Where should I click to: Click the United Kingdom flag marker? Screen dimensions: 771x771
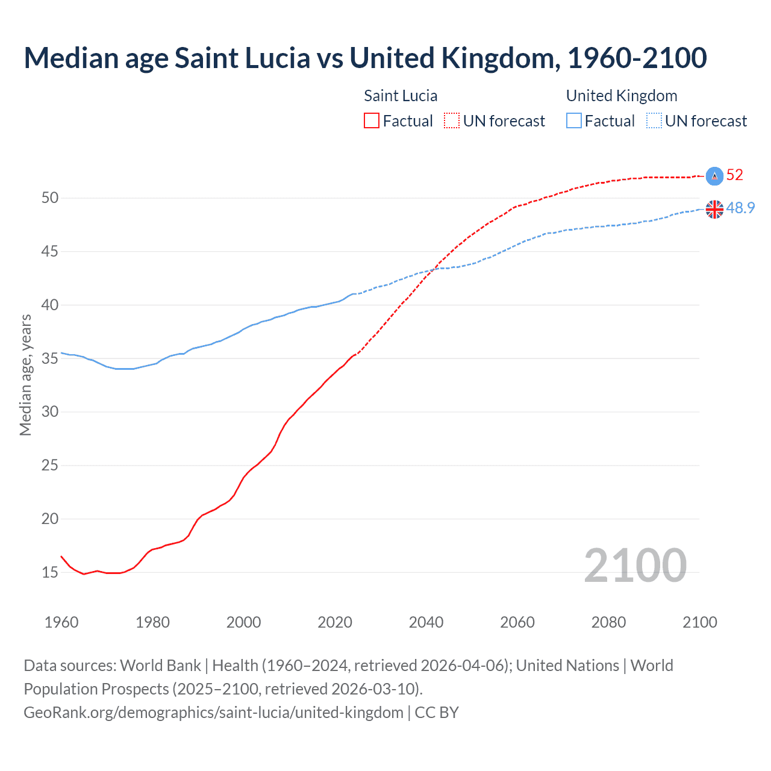coord(714,209)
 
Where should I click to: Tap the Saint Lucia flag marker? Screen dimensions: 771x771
coord(714,176)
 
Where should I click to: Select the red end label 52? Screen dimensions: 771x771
coord(735,175)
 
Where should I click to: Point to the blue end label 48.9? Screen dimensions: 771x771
coord(740,208)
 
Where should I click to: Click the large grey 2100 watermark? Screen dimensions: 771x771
coord(635,565)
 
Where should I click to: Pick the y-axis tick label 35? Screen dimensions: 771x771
coord(50,358)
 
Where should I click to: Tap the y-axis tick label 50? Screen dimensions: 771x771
coord(50,198)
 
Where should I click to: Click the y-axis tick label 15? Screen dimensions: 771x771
coord(50,572)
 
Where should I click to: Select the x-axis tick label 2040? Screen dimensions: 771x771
coord(426,622)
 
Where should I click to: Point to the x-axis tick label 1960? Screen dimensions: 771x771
coord(61,622)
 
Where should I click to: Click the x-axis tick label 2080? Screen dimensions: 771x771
coord(608,622)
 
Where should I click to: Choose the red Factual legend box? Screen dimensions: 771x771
coord(372,120)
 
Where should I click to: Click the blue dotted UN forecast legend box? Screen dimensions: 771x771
coord(654,120)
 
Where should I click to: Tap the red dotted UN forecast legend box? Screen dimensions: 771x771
coord(452,120)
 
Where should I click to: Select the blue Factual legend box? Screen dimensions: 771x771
coord(574,120)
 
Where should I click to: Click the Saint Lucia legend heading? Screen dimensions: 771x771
coord(401,96)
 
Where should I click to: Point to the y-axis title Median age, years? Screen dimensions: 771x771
coord(25,375)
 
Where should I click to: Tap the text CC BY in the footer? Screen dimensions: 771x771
coord(437,712)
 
